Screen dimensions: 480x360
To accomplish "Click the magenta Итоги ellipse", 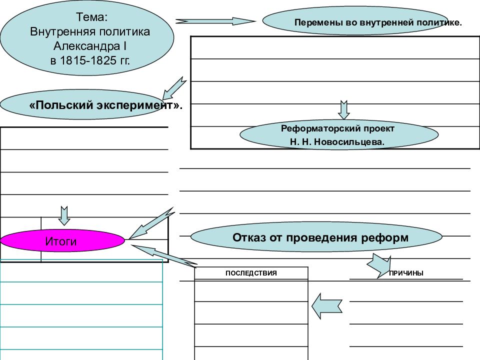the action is click(x=62, y=241).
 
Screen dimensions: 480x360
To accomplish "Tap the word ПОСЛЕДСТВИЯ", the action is click(x=251, y=273).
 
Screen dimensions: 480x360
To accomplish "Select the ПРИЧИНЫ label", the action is click(x=406, y=273).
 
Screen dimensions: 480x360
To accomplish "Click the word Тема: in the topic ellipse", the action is click(x=91, y=17).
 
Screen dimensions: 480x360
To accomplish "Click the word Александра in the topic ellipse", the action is click(x=86, y=46).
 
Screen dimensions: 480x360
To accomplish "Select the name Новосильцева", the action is click(x=349, y=142).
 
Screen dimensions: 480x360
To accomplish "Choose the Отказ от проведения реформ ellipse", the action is click(x=316, y=236).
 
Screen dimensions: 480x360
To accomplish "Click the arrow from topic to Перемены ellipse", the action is click(x=215, y=21).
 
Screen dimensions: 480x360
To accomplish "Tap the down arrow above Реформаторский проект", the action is click(x=344, y=110).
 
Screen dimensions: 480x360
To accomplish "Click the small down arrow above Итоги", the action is click(x=64, y=216).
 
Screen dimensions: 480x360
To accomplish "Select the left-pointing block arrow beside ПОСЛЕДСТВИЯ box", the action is click(x=326, y=306).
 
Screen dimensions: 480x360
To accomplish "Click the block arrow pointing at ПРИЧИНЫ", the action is click(x=379, y=265).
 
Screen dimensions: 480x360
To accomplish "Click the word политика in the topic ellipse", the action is click(x=124, y=31).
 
